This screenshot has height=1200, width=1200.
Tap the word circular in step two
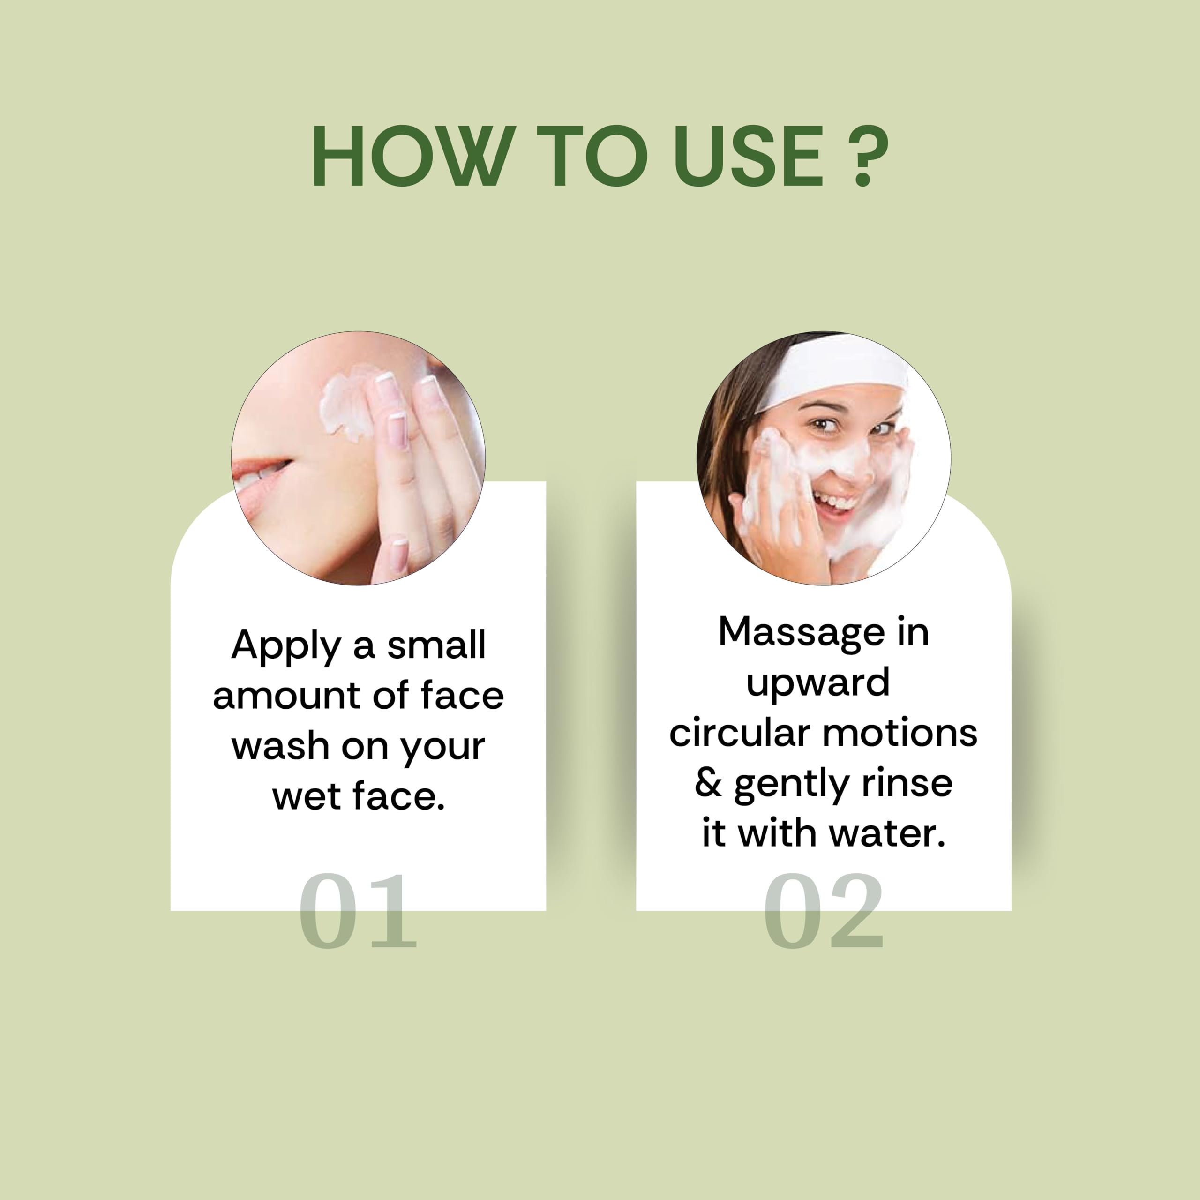pos(740,733)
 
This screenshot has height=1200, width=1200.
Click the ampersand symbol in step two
pos(708,783)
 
